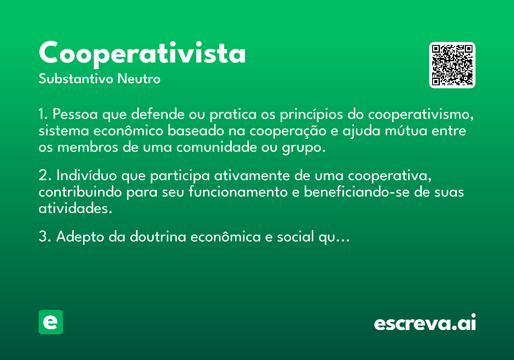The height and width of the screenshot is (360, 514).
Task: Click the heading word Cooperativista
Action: tap(142, 54)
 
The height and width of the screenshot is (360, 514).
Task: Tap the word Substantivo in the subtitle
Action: tap(76, 79)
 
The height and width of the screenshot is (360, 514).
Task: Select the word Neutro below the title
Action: tap(139, 79)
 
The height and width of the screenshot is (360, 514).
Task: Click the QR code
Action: tap(452, 65)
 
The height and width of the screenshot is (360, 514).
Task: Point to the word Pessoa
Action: tap(75, 114)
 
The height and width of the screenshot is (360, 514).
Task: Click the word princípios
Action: tap(311, 114)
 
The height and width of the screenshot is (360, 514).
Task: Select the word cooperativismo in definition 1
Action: tap(421, 114)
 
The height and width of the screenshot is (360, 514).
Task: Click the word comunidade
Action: tap(216, 147)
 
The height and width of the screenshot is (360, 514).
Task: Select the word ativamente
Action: tap(252, 176)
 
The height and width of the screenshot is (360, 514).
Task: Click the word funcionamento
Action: tap(238, 192)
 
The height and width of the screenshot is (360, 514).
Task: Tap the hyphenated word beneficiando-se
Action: tap(356, 192)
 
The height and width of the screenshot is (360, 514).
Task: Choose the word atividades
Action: tap(75, 208)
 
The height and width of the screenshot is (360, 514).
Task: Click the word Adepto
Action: tap(80, 237)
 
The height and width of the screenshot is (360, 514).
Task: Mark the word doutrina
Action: tap(158, 237)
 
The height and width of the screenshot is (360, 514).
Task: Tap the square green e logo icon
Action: tap(51, 322)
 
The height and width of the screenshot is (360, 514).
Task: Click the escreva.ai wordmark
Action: tap(425, 322)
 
